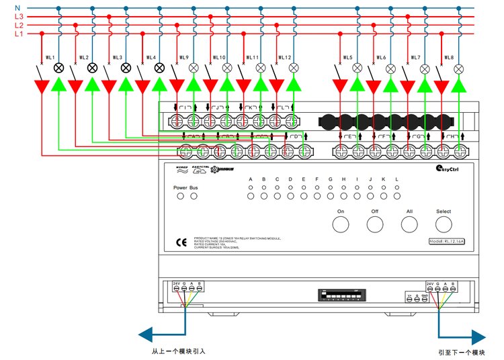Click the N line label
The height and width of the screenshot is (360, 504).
tap(18, 8)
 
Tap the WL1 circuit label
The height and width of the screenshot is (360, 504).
tap(50, 58)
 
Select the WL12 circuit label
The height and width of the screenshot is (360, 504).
tap(284, 58)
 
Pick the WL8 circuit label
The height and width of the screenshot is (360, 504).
tap(449, 58)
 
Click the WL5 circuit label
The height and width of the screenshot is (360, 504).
tap(347, 58)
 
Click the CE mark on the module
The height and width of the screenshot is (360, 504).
tap(181, 242)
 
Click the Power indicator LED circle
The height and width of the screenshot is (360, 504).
tap(180, 196)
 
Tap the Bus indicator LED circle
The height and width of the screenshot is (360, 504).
tap(194, 196)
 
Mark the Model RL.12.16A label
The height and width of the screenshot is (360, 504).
tap(449, 241)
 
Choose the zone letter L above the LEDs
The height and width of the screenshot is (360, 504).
tap(396, 179)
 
